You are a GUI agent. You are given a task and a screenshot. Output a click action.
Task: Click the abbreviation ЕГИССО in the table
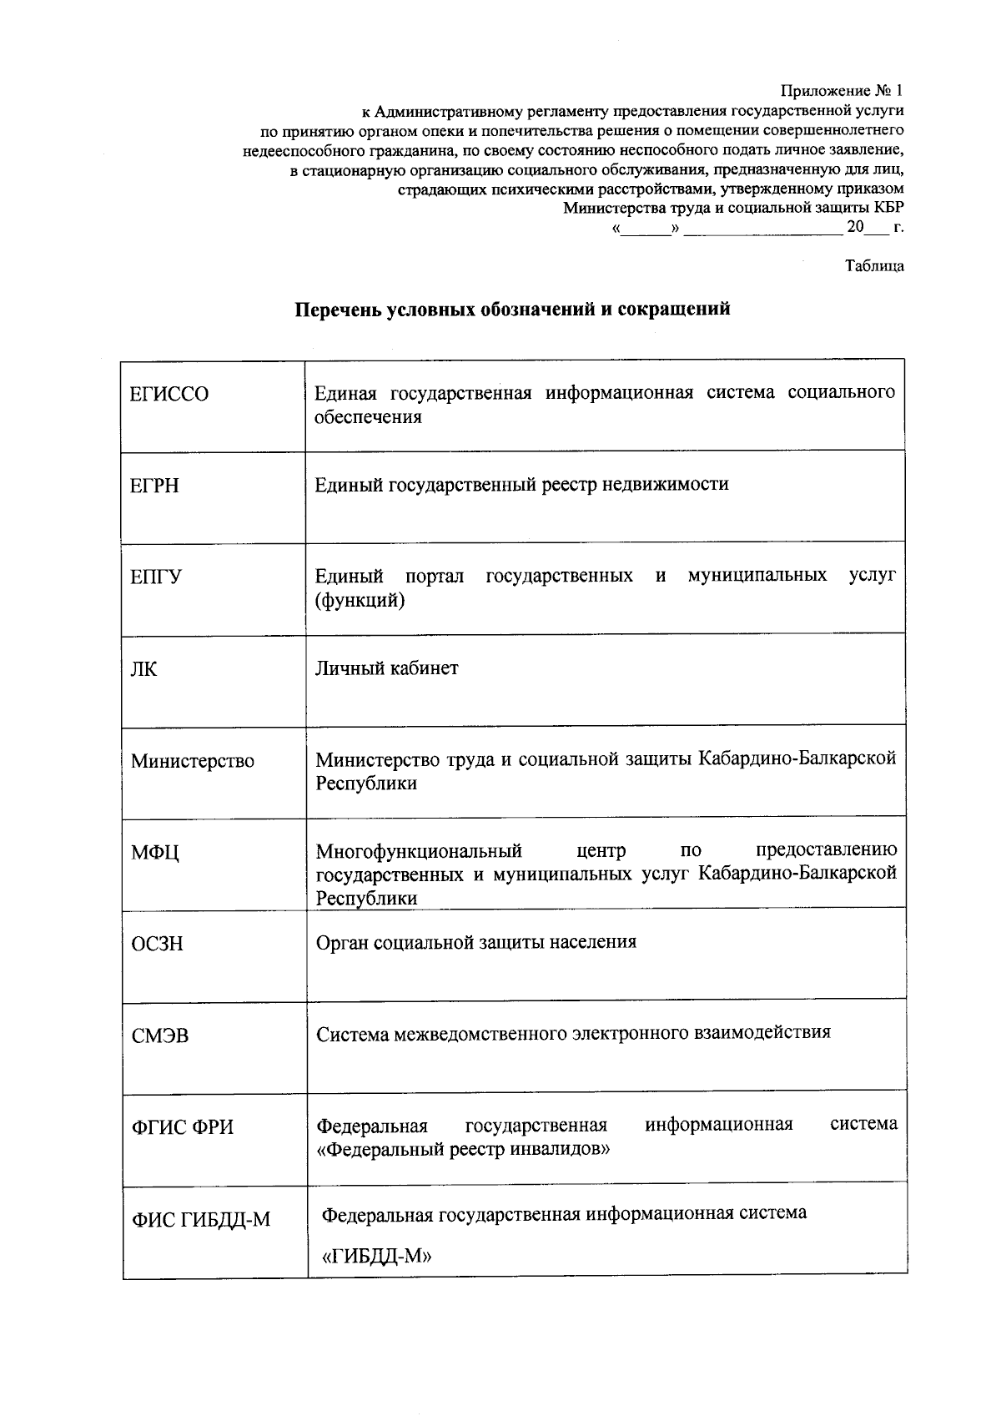point(169,394)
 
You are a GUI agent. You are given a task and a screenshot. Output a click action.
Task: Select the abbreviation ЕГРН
point(155,486)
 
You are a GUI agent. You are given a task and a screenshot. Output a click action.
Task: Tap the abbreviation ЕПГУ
point(156,577)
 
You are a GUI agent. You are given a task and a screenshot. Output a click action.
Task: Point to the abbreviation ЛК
point(143,669)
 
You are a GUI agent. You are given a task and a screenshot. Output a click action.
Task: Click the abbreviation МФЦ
point(155,853)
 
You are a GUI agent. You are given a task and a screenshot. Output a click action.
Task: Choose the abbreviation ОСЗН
point(157,945)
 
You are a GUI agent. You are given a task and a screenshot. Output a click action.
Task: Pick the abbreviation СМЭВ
point(160,1036)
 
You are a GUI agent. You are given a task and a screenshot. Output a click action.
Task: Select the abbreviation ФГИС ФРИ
point(184,1128)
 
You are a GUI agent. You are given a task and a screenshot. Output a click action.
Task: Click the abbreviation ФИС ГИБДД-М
point(201,1220)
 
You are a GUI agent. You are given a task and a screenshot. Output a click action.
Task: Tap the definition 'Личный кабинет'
point(387,668)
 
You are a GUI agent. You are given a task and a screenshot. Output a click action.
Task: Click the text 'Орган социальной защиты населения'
point(475,942)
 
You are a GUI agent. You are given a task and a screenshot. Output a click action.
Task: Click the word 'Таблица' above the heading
point(874,267)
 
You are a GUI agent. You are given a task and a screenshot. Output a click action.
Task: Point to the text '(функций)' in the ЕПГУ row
point(360,600)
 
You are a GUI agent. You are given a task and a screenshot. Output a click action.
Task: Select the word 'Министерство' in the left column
point(193,761)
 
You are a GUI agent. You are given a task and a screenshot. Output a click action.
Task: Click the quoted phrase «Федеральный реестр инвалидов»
point(464,1149)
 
